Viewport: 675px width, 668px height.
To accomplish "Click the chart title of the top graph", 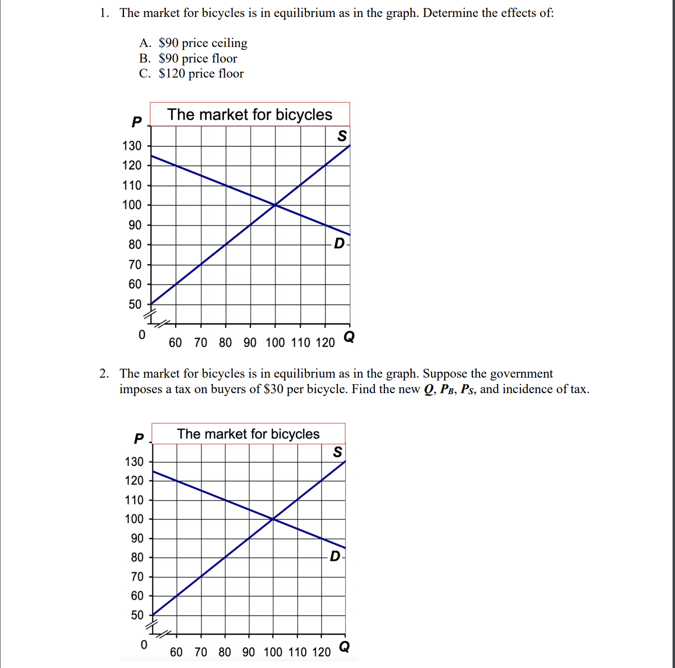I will click(x=249, y=114).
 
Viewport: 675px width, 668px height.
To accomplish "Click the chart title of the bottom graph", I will click(x=248, y=434).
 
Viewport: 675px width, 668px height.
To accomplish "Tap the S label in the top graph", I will click(x=342, y=136).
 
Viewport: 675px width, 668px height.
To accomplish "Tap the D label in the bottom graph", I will click(x=335, y=556).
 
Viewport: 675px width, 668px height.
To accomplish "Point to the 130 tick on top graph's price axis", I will click(x=132, y=146).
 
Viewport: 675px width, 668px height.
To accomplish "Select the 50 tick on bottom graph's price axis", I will click(x=137, y=615).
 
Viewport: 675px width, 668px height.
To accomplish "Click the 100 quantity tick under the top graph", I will click(x=275, y=343).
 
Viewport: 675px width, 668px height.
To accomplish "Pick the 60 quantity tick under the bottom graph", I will click(x=176, y=652).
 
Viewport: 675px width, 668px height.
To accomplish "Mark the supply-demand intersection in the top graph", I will click(x=275, y=205).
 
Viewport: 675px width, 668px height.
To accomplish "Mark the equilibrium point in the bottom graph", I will click(x=273, y=519).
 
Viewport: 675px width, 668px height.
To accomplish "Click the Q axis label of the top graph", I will click(x=349, y=336).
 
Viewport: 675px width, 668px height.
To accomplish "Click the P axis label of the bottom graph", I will click(x=139, y=439).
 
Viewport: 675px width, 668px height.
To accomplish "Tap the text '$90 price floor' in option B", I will click(x=198, y=59).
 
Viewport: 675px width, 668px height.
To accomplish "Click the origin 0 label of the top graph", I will click(x=142, y=335).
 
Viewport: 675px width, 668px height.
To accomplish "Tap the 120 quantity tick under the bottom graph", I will click(x=321, y=652).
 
